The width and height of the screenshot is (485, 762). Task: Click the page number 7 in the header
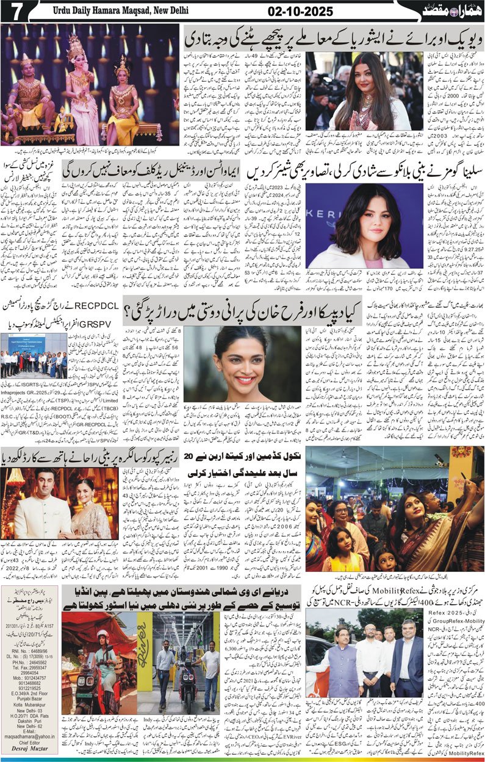pyautogui.click(x=12, y=10)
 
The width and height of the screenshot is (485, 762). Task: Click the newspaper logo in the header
pyautogui.click(x=449, y=11)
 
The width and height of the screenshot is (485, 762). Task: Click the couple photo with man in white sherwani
pyautogui.click(x=59, y=504)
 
